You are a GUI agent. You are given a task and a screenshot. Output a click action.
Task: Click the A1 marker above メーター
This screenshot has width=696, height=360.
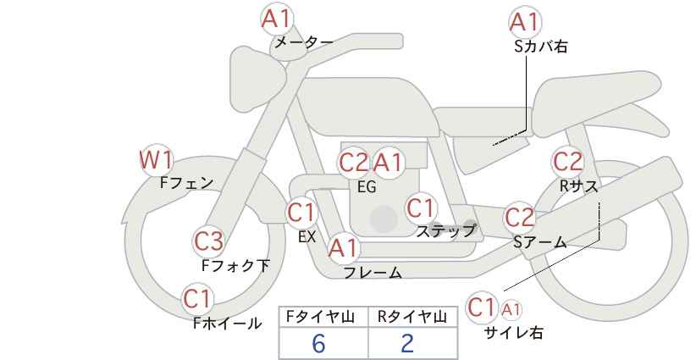[x=277, y=19]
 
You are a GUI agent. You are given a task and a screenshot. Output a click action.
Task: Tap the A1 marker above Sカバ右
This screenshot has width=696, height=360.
[x=525, y=22]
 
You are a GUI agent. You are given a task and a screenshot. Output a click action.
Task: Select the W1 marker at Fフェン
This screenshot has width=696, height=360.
[x=156, y=160]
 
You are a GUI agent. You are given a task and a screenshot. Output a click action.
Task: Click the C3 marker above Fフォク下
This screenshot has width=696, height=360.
[x=209, y=241]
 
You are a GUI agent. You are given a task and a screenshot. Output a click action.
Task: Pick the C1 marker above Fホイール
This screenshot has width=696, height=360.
[x=198, y=299]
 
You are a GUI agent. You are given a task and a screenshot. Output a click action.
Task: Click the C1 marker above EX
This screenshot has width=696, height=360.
[x=301, y=213]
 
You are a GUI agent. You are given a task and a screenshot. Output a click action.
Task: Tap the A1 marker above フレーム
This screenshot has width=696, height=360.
[x=343, y=247]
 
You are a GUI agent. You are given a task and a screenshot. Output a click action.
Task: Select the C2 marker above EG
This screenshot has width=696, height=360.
[x=354, y=163]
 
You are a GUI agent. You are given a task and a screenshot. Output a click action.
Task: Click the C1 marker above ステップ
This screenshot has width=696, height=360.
[x=421, y=208]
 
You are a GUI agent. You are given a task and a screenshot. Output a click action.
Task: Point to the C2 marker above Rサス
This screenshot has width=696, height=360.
[x=567, y=161]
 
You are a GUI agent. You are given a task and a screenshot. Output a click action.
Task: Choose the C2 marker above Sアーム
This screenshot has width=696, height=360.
[x=520, y=218]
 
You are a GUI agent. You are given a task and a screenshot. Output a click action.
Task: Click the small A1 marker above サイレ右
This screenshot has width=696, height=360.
[x=511, y=310]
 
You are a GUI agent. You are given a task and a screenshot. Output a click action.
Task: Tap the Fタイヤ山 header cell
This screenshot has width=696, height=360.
[x=323, y=317]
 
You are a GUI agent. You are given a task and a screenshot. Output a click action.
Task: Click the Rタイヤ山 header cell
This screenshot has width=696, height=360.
[x=413, y=317]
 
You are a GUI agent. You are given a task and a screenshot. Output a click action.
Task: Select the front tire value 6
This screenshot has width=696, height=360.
[x=318, y=343]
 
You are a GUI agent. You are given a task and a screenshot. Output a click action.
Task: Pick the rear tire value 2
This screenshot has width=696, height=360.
[x=407, y=343]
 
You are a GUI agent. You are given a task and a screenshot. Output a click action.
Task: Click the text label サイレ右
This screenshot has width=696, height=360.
[x=514, y=333]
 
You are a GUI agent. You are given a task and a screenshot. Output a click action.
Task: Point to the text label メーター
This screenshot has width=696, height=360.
[x=304, y=42]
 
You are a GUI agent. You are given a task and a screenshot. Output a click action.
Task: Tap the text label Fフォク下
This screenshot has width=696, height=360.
[x=235, y=265]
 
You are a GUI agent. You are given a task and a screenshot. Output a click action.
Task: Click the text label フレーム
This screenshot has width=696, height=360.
[x=373, y=273]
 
